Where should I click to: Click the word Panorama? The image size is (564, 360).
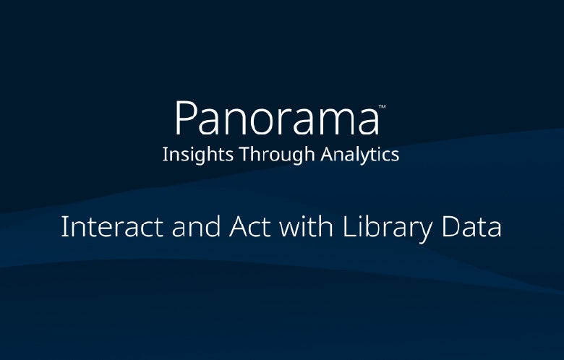click(276, 119)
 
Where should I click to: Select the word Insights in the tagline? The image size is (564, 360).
click(189, 154)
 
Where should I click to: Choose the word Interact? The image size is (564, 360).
click(106, 227)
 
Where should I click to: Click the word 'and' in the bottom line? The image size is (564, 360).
click(183, 227)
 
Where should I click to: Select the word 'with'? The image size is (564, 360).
click(297, 227)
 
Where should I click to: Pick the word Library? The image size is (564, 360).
click(382, 227)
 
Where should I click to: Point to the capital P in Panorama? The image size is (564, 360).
click(184, 118)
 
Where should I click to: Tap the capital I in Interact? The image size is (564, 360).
click(64, 227)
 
